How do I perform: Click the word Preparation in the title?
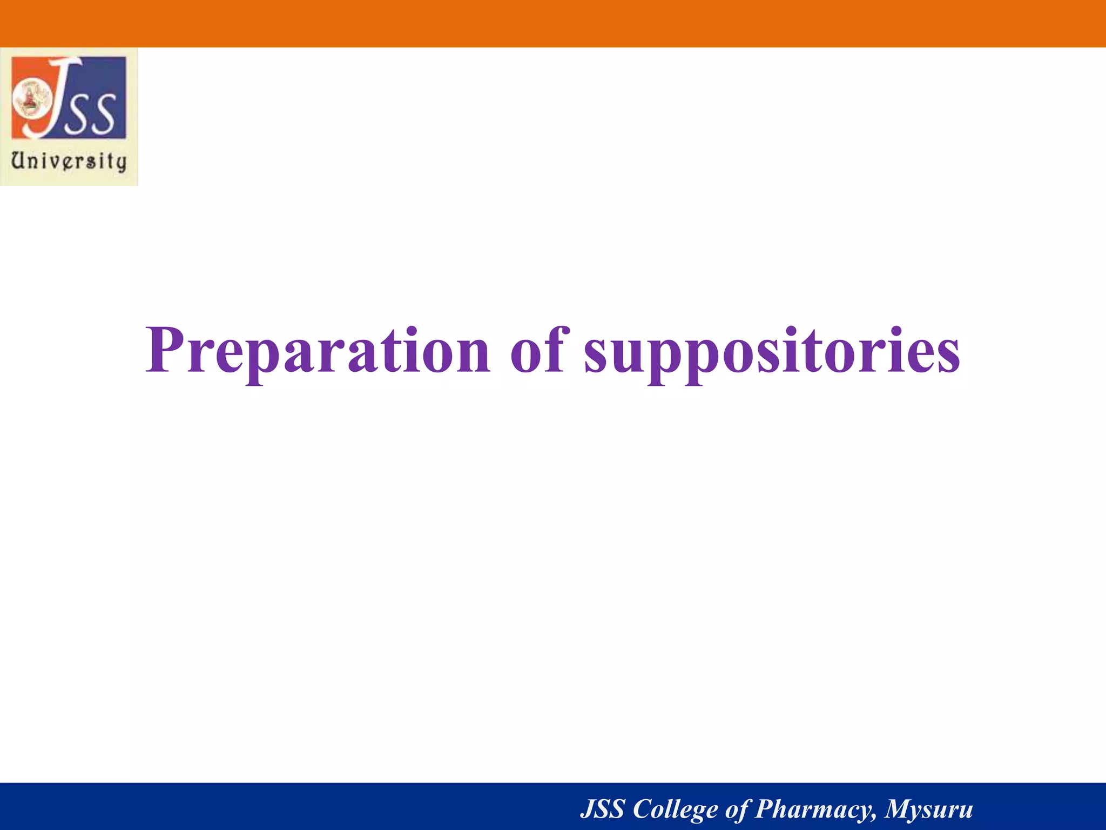318,351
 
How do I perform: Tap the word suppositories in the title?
772,354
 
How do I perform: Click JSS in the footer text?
602,809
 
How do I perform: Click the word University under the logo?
69,161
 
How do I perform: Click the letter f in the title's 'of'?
556,349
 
